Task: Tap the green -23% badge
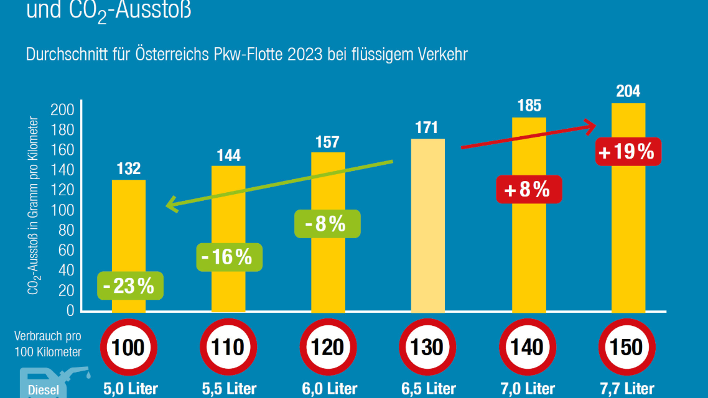(x=129, y=286)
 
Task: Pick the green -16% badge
(x=229, y=257)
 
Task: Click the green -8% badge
(x=327, y=223)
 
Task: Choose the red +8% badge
(x=528, y=190)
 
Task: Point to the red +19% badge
(x=627, y=151)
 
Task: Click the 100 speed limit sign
(x=129, y=347)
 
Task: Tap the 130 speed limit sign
(x=428, y=347)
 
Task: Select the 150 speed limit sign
(x=627, y=347)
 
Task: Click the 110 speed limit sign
(x=228, y=347)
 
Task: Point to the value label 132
(x=129, y=169)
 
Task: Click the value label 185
(x=529, y=106)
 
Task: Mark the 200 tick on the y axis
(x=66, y=110)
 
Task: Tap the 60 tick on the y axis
(x=66, y=250)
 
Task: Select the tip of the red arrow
(x=595, y=126)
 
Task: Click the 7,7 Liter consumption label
(x=628, y=389)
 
